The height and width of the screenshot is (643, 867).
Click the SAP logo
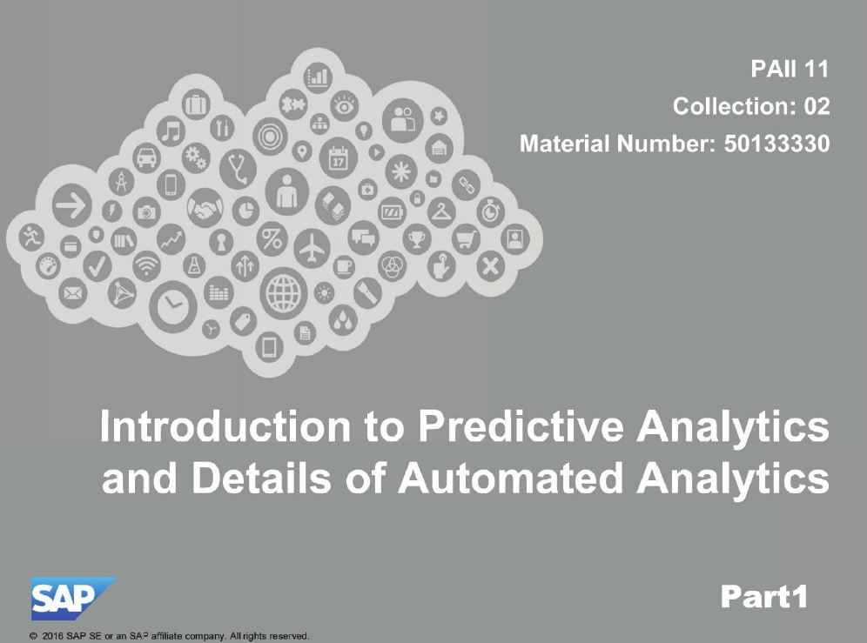pos(73,599)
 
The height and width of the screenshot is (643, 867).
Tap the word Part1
pos(764,597)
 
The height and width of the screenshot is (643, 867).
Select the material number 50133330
pos(776,144)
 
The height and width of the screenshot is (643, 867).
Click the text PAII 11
pos(790,69)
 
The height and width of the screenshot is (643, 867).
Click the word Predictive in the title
pos(521,426)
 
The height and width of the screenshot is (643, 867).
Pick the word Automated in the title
pos(510,478)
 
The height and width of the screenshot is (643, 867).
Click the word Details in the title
pos(261,478)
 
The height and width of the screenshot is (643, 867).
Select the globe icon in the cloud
pos(284,293)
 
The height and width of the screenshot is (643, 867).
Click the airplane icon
pos(312,248)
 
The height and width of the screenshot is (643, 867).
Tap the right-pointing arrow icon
pos(72,205)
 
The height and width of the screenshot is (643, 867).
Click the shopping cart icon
pos(466,239)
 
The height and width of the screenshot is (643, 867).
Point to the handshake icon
pos(205,208)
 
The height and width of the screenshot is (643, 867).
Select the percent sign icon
pos(272,239)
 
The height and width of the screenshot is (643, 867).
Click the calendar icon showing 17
pos(339,158)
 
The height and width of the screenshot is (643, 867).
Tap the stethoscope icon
pos(239,169)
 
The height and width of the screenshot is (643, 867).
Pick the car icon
pos(146,157)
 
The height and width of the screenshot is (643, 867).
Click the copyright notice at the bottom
pos(169,636)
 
